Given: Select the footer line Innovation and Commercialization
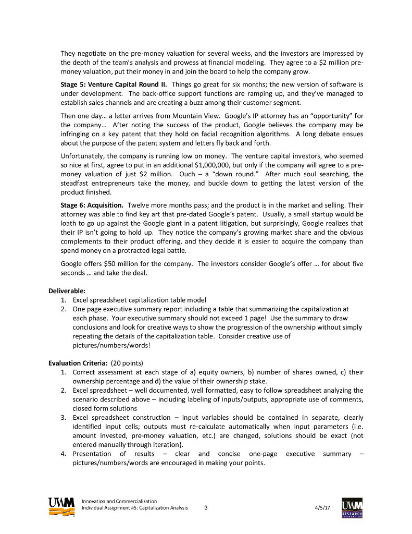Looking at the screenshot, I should coord(119,501).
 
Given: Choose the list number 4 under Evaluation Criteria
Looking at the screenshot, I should coord(63,454).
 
